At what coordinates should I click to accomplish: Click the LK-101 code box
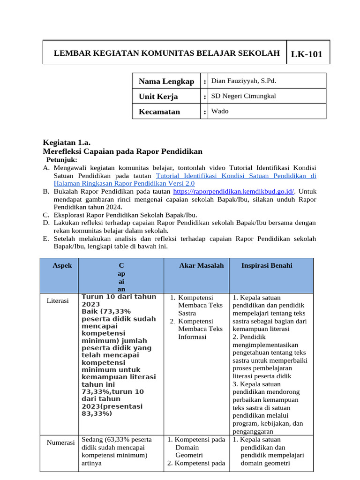point(307,54)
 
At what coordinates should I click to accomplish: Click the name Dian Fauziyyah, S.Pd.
point(244,81)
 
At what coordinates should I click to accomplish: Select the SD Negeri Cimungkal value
point(243,96)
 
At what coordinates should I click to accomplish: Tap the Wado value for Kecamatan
point(220,111)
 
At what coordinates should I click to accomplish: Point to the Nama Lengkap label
point(166,82)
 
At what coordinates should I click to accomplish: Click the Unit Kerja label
point(158,97)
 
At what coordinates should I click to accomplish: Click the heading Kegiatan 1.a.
point(67,142)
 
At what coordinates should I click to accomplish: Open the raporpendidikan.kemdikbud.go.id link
point(233,191)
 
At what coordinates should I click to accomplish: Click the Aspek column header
point(62,265)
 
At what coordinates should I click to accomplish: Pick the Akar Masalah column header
point(202,265)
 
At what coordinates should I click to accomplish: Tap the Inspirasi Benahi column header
point(267,265)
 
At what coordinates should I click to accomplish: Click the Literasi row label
point(58,300)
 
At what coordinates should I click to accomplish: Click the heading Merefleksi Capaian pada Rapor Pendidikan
point(123,151)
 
